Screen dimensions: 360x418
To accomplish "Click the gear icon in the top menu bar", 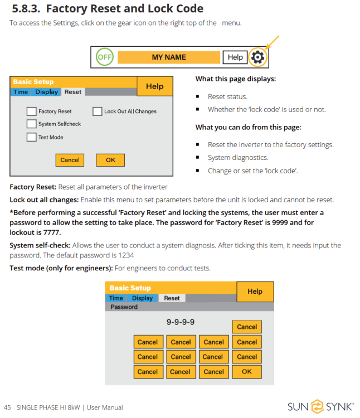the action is (x=257, y=57).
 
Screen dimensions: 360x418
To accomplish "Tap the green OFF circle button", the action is (x=104, y=57).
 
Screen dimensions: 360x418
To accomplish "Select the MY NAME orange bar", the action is (x=169, y=57).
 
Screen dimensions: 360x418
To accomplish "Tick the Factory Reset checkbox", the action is (x=31, y=111).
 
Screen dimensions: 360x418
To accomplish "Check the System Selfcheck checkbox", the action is (x=31, y=124).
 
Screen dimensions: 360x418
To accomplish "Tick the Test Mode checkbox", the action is (x=31, y=137).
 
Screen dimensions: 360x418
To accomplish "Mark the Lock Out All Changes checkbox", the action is (x=98, y=111).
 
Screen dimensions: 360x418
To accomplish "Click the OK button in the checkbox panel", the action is (x=110, y=160).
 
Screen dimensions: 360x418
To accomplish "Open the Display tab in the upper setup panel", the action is (x=46, y=92).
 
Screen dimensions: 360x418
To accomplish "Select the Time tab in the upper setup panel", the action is (x=21, y=92).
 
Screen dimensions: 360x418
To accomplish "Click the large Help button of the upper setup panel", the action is (x=154, y=86).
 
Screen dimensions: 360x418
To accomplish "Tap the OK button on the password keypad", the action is (x=247, y=372).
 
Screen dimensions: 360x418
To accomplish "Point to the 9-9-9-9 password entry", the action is (x=181, y=322).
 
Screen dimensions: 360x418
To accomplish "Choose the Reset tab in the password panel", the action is (x=172, y=298).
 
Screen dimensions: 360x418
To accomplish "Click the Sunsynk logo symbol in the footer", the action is (x=317, y=407).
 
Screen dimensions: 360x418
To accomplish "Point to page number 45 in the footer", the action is (x=7, y=407).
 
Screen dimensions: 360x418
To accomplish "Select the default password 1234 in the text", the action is (x=126, y=255).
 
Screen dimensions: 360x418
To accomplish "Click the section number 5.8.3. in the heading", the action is (x=26, y=8).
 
